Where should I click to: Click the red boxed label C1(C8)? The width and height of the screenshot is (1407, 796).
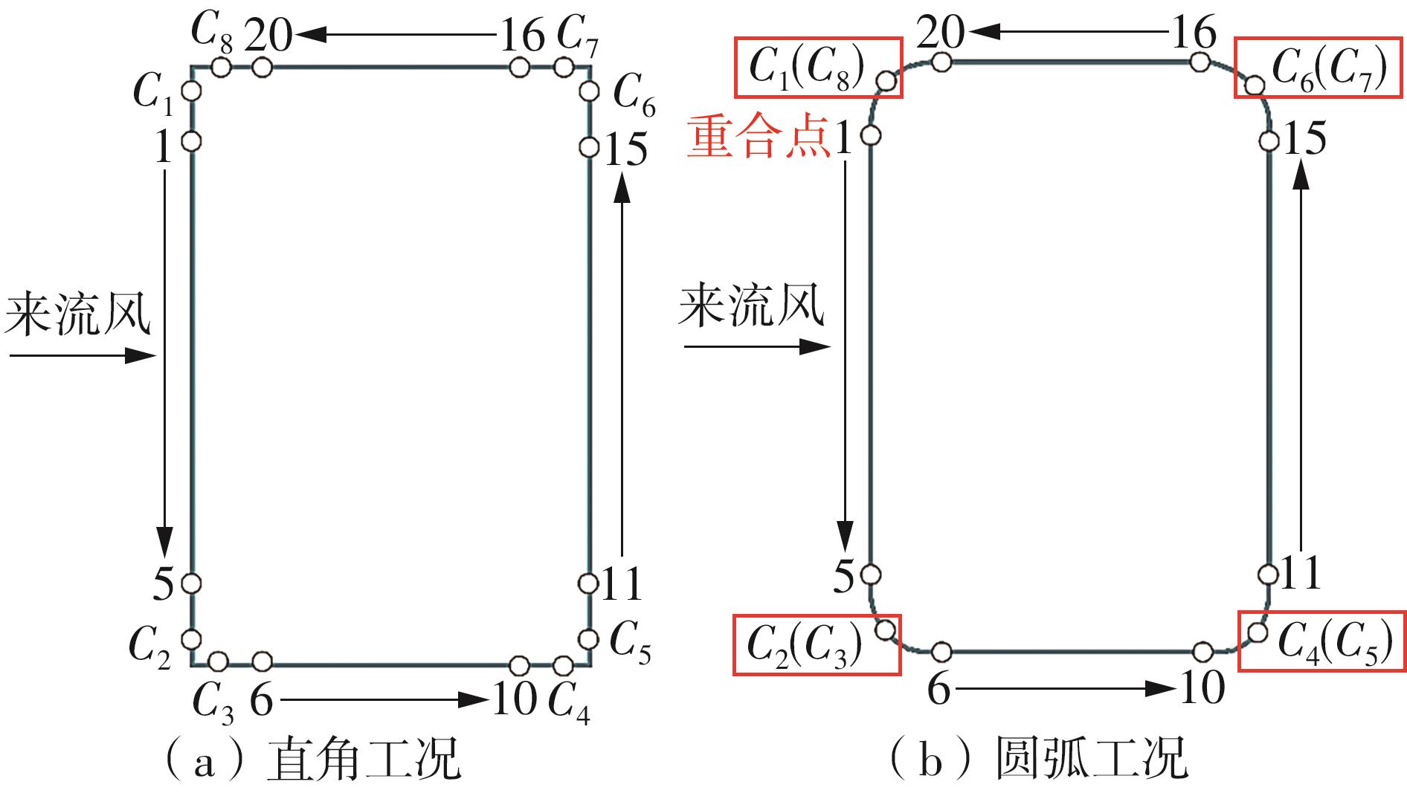[x=818, y=68]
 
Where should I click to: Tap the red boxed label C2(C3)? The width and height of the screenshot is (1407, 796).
[x=817, y=644]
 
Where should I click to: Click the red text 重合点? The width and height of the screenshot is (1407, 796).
[x=757, y=137]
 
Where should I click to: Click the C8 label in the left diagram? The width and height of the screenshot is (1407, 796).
[x=211, y=31]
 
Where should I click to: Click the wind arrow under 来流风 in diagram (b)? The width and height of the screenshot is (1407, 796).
[x=756, y=346]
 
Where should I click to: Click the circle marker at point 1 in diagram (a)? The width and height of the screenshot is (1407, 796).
[x=191, y=140]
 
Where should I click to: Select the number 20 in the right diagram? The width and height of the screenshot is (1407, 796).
[x=940, y=33]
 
